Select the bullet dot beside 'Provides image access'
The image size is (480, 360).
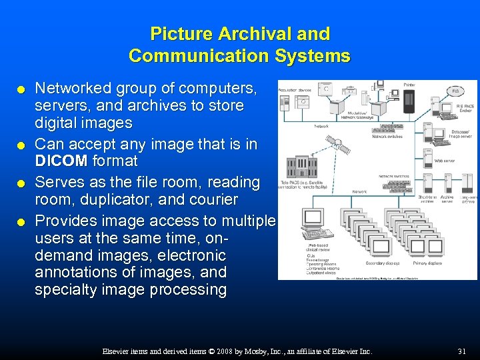pyautogui.click(x=23, y=221)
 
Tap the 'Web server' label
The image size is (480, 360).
pyautogui.click(x=444, y=161)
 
